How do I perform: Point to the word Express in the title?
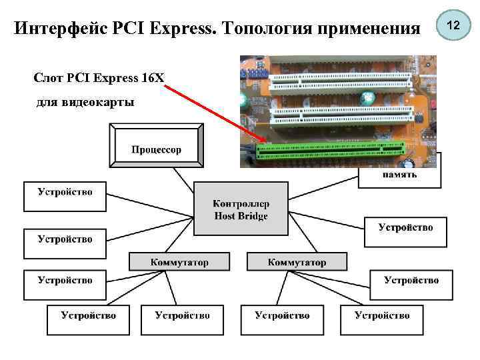pyautogui.click(x=180, y=29)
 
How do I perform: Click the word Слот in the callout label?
pyautogui.click(x=48, y=77)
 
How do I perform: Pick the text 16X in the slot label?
pyautogui.click(x=152, y=77)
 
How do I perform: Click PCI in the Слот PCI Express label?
pyautogui.click(x=79, y=77)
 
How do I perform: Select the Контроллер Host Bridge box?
pyautogui.click(x=241, y=209)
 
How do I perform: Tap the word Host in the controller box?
pyautogui.click(x=225, y=216)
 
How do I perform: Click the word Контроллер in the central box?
pyautogui.click(x=241, y=203)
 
